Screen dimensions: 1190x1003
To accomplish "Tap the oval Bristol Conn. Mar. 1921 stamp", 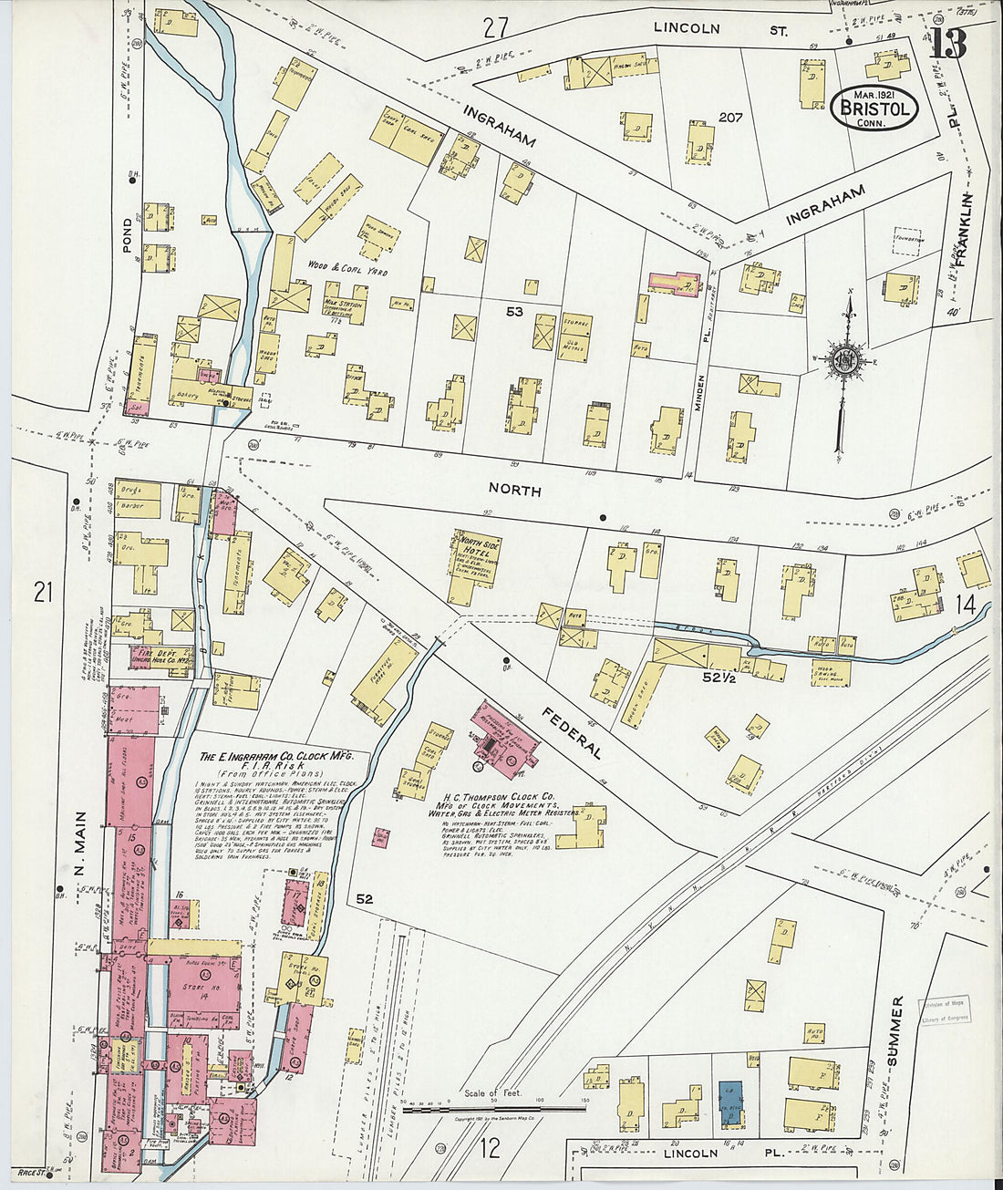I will pyautogui.click(x=874, y=108).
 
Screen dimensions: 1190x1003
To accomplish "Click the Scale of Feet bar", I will pyautogui.click(x=493, y=1108).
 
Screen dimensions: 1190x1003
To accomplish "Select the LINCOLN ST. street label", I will pyautogui.click(x=720, y=29).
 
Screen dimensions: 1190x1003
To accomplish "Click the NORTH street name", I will pyautogui.click(x=514, y=491).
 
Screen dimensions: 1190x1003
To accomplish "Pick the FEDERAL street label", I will pyautogui.click(x=569, y=733).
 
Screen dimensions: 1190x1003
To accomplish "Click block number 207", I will pyautogui.click(x=730, y=118).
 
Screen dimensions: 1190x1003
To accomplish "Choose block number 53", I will pyautogui.click(x=515, y=312).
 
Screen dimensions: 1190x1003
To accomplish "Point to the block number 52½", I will pyautogui.click(x=719, y=678).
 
